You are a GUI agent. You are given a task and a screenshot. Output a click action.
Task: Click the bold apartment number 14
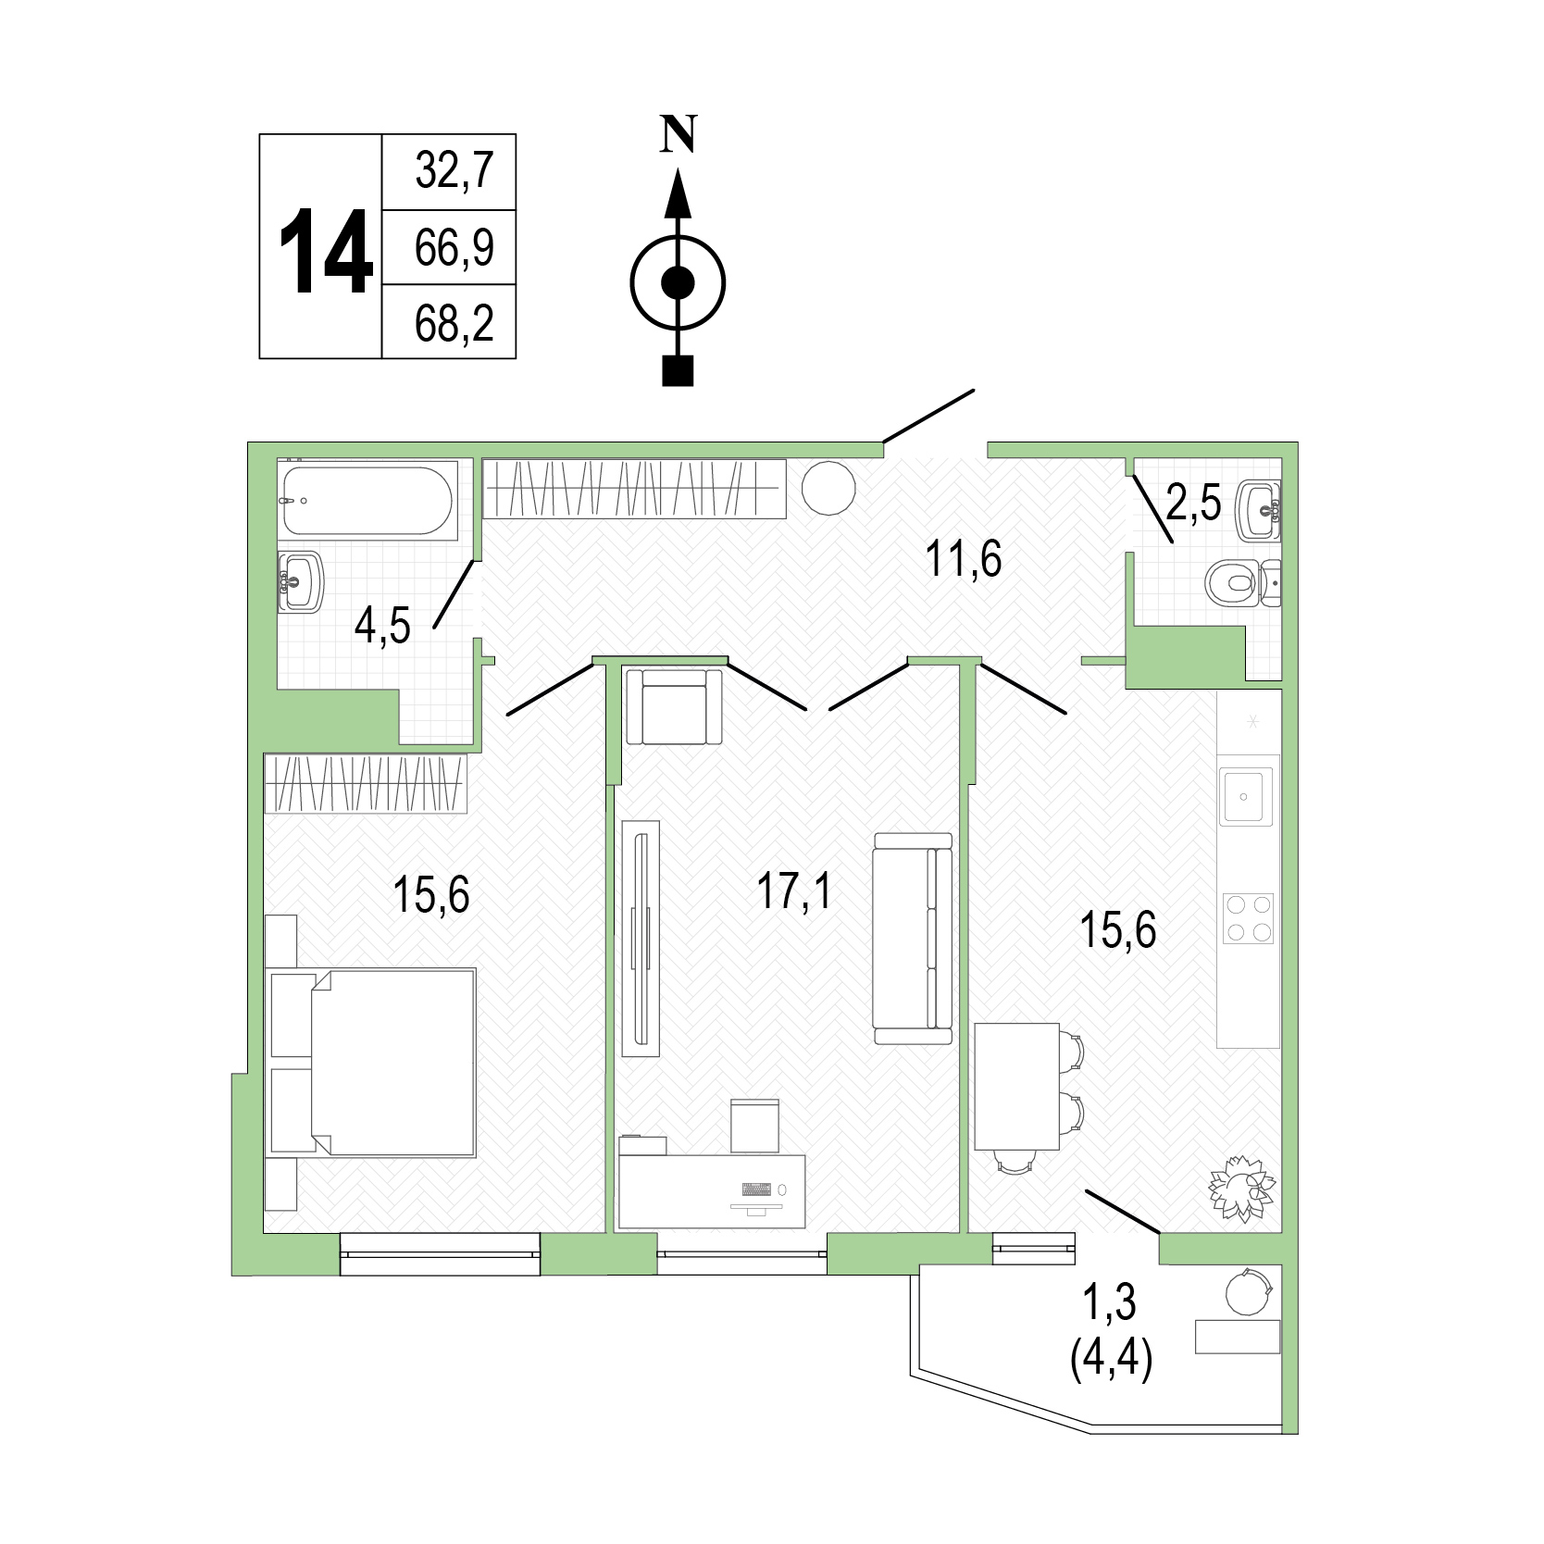click(x=326, y=252)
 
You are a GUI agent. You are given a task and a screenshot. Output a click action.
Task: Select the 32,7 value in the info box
click(x=454, y=172)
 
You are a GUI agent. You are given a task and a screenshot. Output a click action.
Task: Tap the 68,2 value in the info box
click(x=454, y=324)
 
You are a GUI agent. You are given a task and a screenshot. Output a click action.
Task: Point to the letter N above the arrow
click(x=679, y=135)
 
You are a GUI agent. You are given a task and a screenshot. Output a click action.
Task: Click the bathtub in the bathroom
click(x=368, y=500)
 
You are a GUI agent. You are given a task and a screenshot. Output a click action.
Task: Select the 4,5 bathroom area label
click(x=381, y=626)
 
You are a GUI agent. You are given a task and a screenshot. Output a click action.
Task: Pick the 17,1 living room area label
click(x=794, y=892)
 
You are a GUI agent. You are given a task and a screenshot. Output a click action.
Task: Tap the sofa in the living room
click(x=913, y=939)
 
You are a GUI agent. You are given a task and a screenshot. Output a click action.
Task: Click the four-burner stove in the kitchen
click(x=1249, y=918)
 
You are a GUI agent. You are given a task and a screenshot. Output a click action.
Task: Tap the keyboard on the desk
click(x=756, y=1189)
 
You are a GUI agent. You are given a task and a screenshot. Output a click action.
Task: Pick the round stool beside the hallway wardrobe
click(x=828, y=485)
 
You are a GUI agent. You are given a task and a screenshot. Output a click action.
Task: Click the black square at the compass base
click(x=679, y=370)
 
